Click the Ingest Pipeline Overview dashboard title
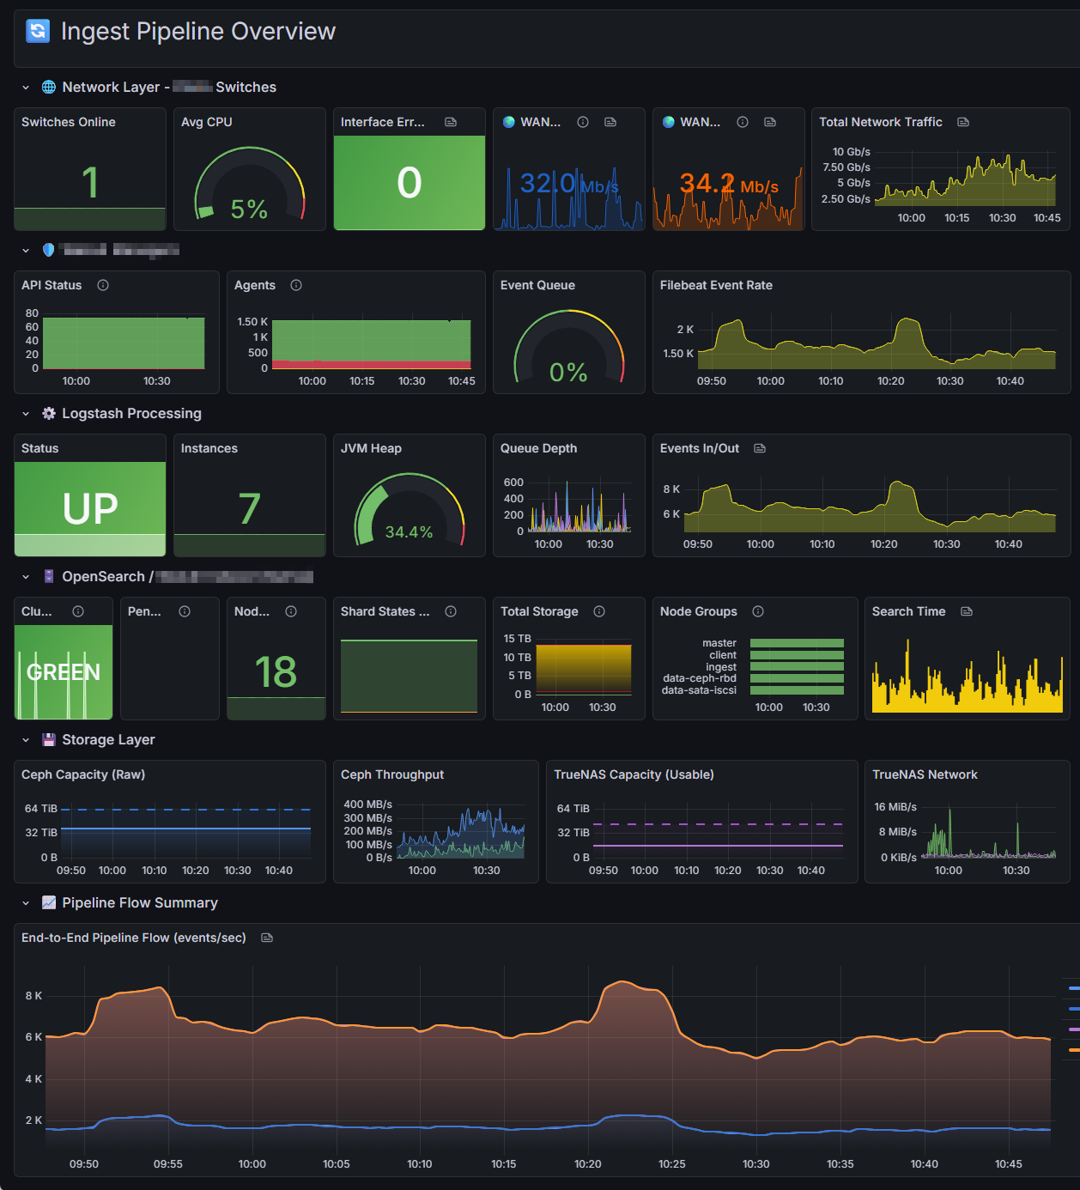(197, 32)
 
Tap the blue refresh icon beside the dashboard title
(38, 31)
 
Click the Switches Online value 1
(90, 183)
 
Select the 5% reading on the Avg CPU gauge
(249, 209)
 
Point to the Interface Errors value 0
(410, 183)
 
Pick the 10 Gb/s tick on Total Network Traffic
(851, 152)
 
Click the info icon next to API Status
(103, 285)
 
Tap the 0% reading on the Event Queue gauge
(568, 372)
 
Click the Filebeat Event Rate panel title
(716, 285)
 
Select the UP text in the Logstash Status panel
(90, 508)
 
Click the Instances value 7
(249, 508)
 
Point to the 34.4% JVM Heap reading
(409, 532)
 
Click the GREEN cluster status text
(64, 671)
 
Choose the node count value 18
(276, 671)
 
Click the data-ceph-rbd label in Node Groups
(699, 678)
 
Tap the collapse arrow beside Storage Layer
(26, 740)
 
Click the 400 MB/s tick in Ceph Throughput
(367, 804)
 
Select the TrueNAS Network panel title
(925, 774)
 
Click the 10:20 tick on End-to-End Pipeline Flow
(588, 1164)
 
